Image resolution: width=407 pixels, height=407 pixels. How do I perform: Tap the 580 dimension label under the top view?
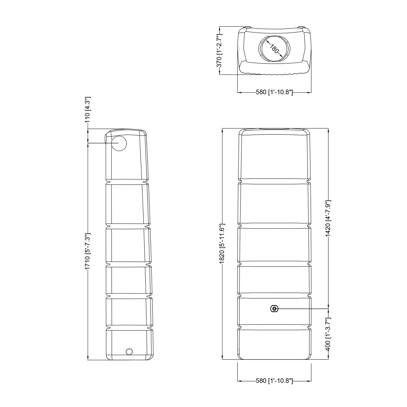coord(274,92)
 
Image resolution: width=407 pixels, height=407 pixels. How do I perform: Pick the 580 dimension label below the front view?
coord(274,381)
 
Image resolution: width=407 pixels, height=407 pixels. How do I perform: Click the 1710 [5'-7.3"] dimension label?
coord(87,251)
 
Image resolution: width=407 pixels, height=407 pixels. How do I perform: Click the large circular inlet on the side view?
coord(119,143)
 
